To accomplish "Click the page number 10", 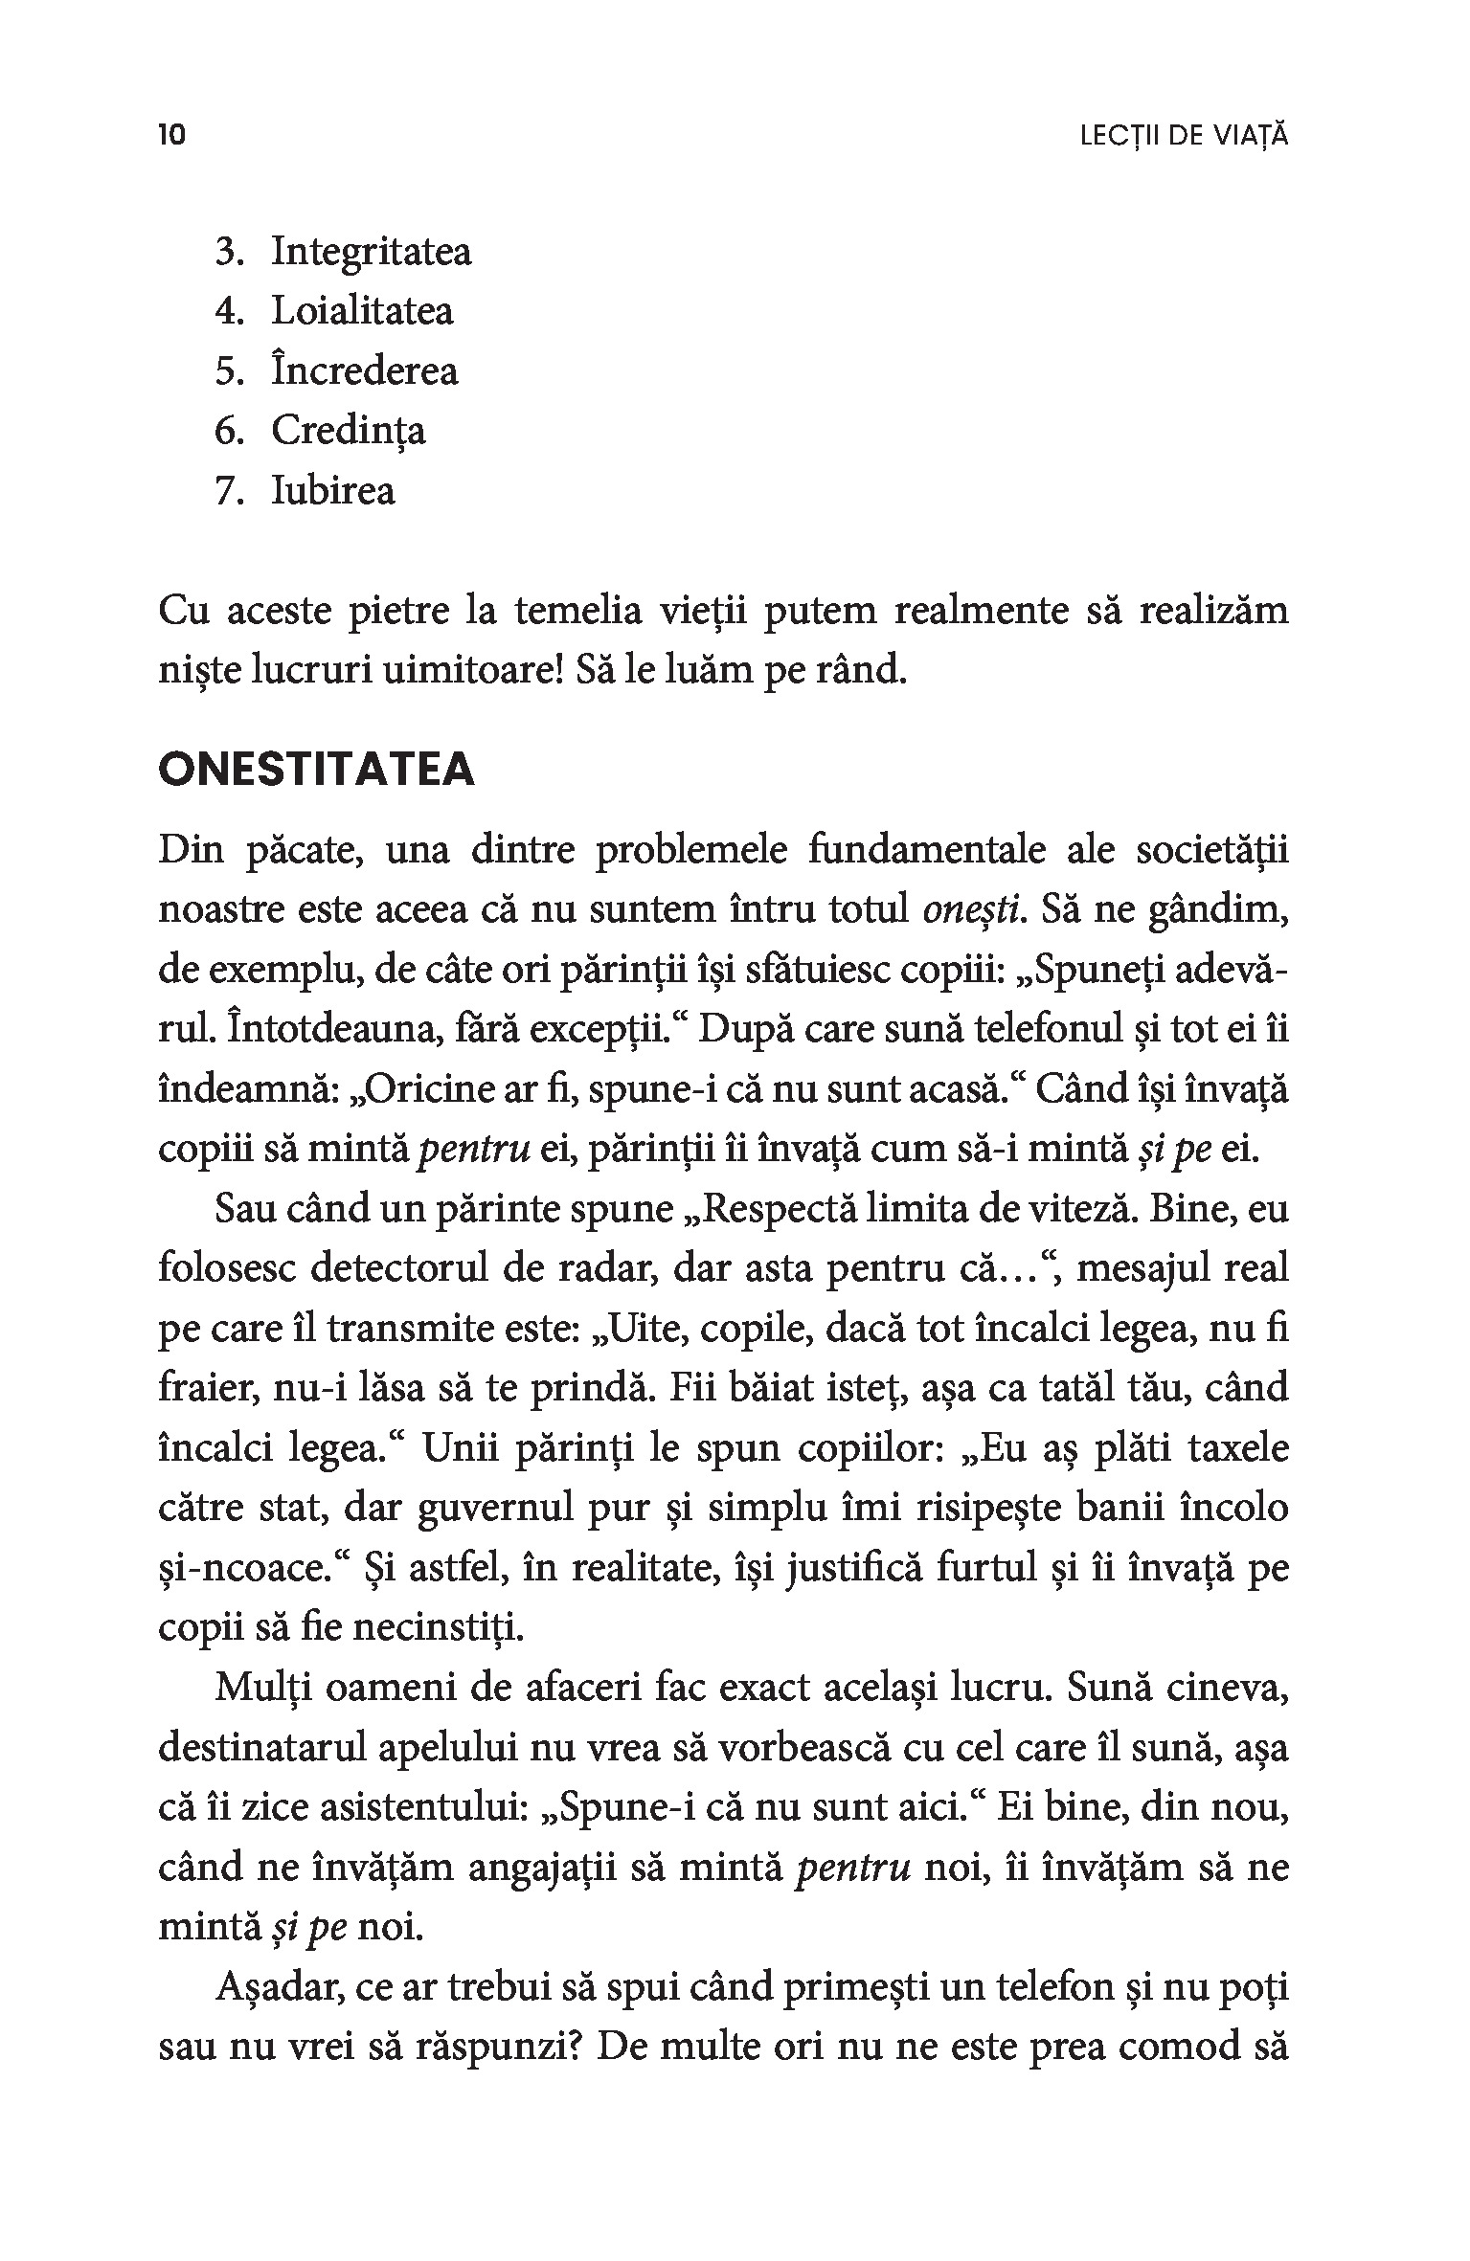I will pos(171,135).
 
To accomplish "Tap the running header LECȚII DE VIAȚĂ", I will pos(1184,136).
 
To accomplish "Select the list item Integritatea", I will pos(372,252).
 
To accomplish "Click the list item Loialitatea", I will pos(362,311).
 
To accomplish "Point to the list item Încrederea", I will pos(365,371).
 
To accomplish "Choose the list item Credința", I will pos(349,431).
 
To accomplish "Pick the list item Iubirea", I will pos(333,491).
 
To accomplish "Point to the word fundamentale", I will pos(928,850).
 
